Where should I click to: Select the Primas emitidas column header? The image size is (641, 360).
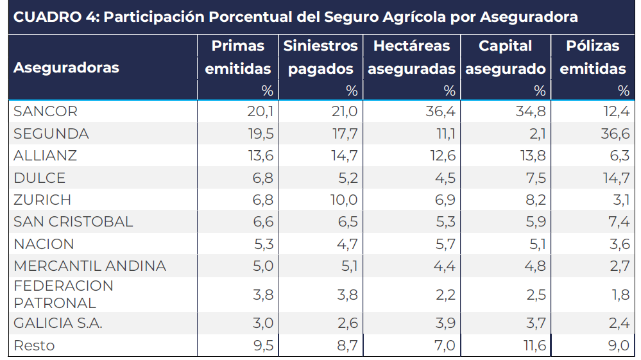[x=238, y=57]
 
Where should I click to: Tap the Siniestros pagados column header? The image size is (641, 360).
[x=321, y=57]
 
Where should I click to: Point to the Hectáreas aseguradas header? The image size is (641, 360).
[x=411, y=57]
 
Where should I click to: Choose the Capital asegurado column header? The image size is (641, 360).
[x=506, y=57]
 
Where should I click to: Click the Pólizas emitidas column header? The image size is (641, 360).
[x=593, y=57]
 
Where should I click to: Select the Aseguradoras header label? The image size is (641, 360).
[x=66, y=67]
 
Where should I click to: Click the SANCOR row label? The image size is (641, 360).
[x=46, y=112]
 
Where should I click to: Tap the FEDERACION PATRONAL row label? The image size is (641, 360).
[x=64, y=294]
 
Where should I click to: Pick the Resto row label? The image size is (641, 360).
[x=34, y=345]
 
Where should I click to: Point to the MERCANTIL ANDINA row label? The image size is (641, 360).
[x=90, y=266]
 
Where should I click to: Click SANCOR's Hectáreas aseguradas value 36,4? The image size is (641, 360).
[x=440, y=112]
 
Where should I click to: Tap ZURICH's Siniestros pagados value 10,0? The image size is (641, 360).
[x=344, y=200]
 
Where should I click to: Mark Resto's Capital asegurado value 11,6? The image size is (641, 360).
[x=533, y=345]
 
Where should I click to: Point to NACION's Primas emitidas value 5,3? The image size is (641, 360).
[x=263, y=244]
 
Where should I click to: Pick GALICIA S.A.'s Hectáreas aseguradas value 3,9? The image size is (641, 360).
[x=444, y=323]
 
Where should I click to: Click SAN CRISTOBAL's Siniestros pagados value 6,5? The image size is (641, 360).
[x=346, y=221]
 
